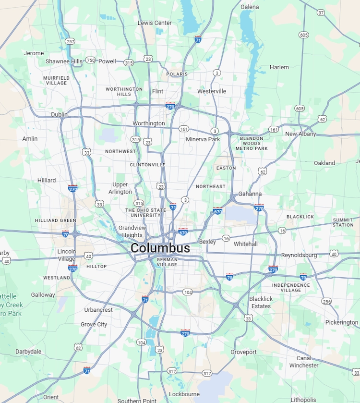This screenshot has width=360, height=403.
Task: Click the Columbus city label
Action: (160, 248)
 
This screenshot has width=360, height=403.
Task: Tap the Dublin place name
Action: (60, 114)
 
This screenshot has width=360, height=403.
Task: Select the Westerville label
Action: (212, 91)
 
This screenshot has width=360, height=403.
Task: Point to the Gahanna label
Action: (250, 194)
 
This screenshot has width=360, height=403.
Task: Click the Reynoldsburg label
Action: (299, 255)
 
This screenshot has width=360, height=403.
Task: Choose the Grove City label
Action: (94, 325)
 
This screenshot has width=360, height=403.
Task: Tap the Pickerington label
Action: (342, 322)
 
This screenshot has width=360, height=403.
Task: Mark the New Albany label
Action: (300, 134)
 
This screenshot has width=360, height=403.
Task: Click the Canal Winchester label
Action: (303, 362)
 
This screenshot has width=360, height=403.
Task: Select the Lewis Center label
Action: (155, 23)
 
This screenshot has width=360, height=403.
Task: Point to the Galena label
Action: (250, 7)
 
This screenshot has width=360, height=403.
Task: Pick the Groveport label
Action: (243, 352)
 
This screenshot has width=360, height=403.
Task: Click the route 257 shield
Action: (71, 42)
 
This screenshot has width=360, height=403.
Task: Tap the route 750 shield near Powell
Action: (90, 61)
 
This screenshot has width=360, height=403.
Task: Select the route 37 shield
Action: (321, 12)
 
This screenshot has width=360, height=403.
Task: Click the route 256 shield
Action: (327, 302)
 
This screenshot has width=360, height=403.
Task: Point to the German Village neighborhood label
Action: (167, 262)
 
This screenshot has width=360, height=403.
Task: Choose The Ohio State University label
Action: (145, 212)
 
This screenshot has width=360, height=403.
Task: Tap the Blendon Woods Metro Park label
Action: (252, 143)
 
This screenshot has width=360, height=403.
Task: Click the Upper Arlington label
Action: (120, 188)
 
